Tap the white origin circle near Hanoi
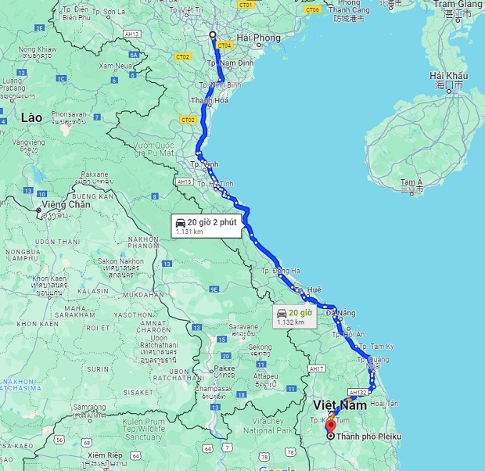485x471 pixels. (212, 34)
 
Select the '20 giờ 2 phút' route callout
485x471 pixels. (205, 225)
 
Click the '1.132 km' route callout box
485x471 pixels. (294, 316)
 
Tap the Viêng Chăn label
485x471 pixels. (68, 205)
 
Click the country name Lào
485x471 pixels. (31, 117)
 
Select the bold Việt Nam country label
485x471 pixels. (339, 405)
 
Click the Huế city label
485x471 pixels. (313, 289)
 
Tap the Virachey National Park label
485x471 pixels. (268, 426)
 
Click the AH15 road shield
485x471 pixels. (185, 182)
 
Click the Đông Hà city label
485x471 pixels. (286, 271)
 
